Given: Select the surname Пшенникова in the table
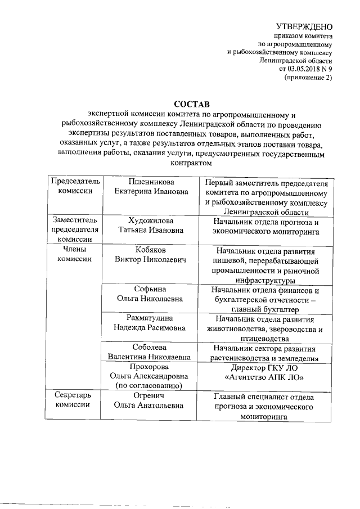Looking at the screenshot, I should (x=149, y=182).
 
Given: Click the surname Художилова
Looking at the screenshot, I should (x=149, y=220).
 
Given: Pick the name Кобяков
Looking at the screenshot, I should (x=149, y=250).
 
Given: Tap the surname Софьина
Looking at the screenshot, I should (x=149, y=290).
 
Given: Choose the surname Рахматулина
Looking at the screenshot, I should (x=149, y=319).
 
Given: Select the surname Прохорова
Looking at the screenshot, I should (x=149, y=366).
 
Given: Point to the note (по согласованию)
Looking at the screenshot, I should (x=149, y=385).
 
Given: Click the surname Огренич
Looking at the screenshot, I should (x=149, y=396).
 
